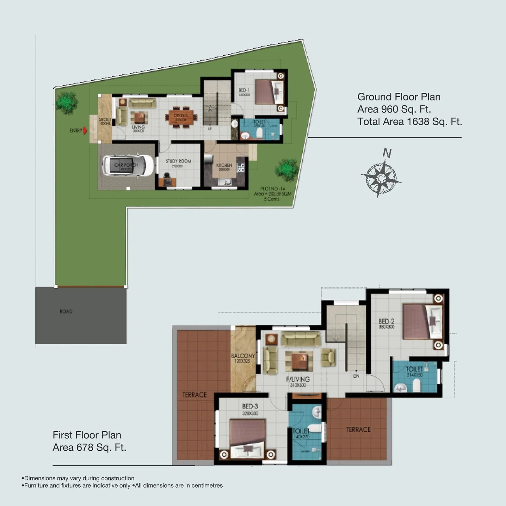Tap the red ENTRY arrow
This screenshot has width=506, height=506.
(85, 130)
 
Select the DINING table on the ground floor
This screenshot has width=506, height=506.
(181, 117)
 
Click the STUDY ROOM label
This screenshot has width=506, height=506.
(178, 161)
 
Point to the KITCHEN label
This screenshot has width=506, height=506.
(224, 165)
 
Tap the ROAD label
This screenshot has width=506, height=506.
(66, 312)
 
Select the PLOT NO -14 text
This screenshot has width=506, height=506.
(272, 189)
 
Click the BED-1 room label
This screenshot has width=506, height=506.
(244, 90)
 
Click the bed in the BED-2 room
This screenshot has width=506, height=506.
(422, 322)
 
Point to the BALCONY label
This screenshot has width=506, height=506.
(243, 356)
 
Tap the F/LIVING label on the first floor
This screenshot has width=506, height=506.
(298, 379)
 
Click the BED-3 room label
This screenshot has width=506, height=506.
(250, 406)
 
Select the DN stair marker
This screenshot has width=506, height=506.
(356, 376)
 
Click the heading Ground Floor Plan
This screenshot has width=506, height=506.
(399, 97)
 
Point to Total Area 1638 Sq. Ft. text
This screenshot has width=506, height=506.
(410, 121)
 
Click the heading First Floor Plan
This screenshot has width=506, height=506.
(87, 435)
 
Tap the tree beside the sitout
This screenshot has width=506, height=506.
(67, 103)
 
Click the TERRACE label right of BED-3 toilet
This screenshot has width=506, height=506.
(358, 429)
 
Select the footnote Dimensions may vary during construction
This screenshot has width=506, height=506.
(79, 478)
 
